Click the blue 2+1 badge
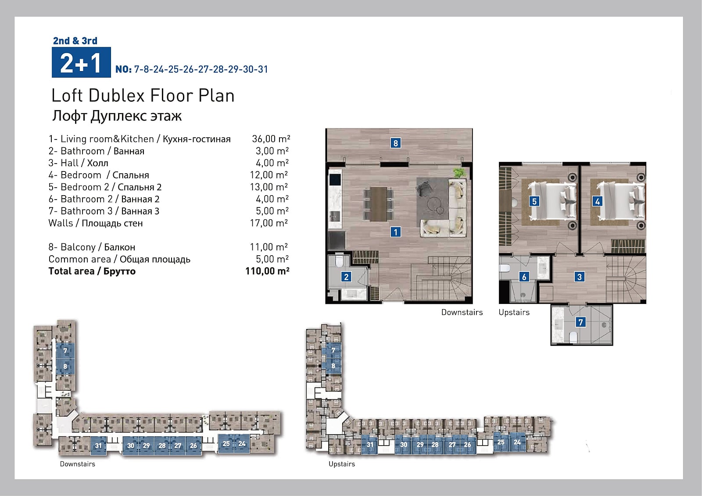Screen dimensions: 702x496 tap(81, 62)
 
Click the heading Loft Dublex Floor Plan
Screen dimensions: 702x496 tap(143, 96)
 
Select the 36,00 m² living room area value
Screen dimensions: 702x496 tap(271, 139)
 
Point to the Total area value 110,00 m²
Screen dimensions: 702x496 tap(267, 271)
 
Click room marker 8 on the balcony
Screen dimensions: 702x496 tap(395, 143)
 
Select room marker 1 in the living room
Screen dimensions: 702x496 tap(395, 232)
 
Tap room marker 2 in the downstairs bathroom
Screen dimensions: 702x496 tap(346, 277)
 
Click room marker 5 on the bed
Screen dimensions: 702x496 tap(534, 201)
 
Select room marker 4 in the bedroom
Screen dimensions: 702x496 tap(597, 201)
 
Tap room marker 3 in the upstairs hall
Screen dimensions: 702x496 tap(579, 277)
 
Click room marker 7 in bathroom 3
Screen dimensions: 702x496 tap(581, 322)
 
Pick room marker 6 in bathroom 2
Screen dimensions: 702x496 tap(524, 277)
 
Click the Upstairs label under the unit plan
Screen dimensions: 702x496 tap(514, 312)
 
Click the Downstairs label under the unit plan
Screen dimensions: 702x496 tap(462, 312)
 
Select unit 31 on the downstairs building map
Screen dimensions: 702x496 tap(98, 446)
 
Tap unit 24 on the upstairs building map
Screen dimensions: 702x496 tap(517, 442)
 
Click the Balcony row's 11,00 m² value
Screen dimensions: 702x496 tap(269, 247)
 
